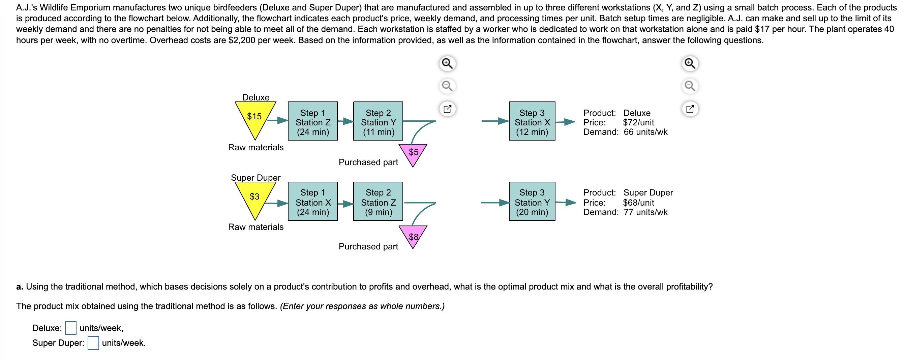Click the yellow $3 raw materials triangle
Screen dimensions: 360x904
tap(255, 198)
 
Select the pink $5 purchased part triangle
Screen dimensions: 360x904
tap(413, 153)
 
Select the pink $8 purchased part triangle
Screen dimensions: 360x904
tap(413, 234)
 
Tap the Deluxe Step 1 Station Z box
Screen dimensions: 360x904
tap(313, 121)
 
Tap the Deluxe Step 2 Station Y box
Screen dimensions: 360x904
tap(378, 121)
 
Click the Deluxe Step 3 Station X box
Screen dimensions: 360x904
tap(532, 121)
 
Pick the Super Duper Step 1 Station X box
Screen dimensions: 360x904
tap(313, 201)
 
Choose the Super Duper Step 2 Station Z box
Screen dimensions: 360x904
tap(378, 201)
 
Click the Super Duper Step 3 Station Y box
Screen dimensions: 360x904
tap(532, 201)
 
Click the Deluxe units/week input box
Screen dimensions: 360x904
tap(70, 328)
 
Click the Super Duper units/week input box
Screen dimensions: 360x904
tap(93, 343)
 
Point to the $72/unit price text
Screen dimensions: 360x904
tap(638, 122)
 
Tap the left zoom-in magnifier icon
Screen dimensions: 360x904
tap(447, 63)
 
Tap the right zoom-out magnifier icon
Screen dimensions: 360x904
tap(690, 86)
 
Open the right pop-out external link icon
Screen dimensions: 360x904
tap(690, 109)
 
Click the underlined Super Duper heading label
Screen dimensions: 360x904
tap(255, 178)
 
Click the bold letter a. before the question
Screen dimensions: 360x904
tap(20, 287)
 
